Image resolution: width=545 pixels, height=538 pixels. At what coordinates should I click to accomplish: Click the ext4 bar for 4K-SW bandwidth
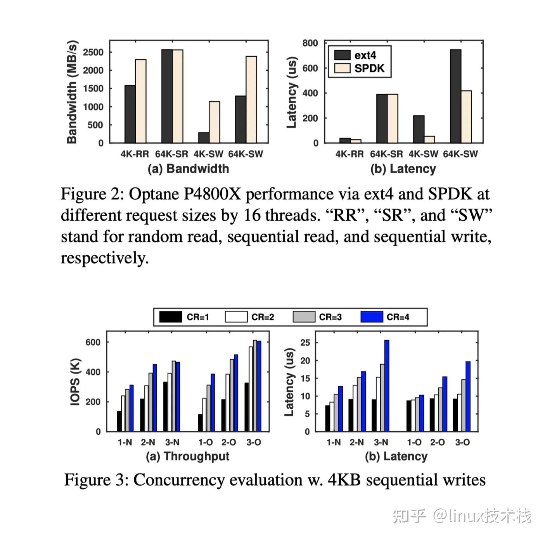pyautogui.click(x=204, y=138)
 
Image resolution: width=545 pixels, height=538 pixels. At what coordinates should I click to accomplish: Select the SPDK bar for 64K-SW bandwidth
pyautogui.click(x=251, y=100)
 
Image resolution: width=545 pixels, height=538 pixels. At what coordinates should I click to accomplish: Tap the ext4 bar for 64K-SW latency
pyautogui.click(x=455, y=96)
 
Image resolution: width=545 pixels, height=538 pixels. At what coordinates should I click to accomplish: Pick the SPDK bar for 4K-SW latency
pyautogui.click(x=429, y=139)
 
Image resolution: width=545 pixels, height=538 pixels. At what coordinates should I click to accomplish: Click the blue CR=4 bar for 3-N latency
pyautogui.click(x=387, y=386)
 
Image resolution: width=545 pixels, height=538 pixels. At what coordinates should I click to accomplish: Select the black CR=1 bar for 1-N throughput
pyautogui.click(x=119, y=421)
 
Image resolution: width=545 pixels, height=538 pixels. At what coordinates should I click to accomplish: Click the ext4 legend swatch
pyautogui.click(x=342, y=55)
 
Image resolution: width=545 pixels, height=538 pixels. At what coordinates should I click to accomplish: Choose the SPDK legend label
pyautogui.click(x=369, y=69)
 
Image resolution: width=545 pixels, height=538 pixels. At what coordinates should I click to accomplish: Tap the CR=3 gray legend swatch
pyautogui.click(x=304, y=317)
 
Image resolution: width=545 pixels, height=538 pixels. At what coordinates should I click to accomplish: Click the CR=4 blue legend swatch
pyautogui.click(x=372, y=317)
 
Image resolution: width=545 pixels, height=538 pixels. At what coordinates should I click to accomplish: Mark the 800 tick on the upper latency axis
pyautogui.click(x=310, y=43)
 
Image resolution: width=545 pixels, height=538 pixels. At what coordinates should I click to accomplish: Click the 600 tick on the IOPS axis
pyautogui.click(x=93, y=342)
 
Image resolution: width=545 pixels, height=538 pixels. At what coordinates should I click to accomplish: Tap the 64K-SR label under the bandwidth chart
pyautogui.click(x=171, y=154)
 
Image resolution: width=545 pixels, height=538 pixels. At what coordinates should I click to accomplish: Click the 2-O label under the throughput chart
pyautogui.click(x=229, y=442)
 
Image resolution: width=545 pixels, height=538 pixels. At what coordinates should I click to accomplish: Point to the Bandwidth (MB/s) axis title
pyautogui.click(x=72, y=92)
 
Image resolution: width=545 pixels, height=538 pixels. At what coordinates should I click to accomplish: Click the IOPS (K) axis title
pyautogui.click(x=75, y=382)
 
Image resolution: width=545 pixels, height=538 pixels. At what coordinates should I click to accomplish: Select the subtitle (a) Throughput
pyautogui.click(x=187, y=456)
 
